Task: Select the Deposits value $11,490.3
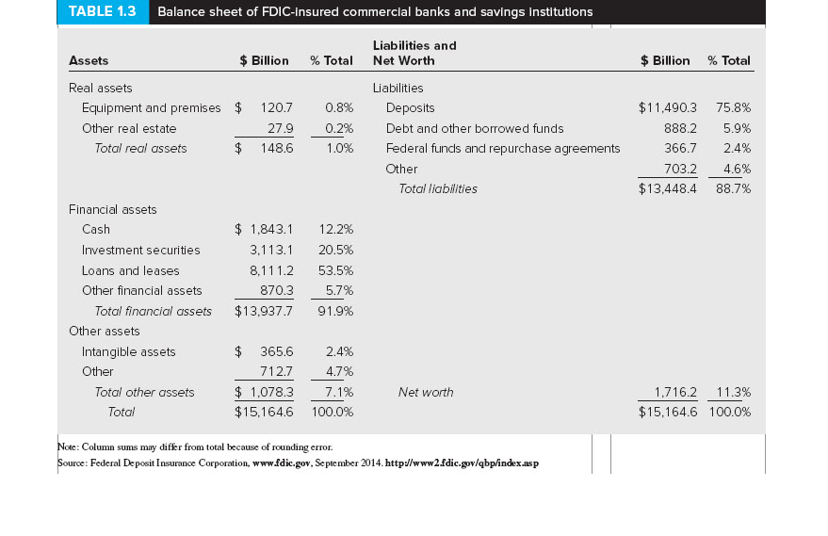point(667,108)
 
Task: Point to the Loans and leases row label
point(130,270)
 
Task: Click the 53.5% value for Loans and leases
point(335,270)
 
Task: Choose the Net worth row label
point(425,393)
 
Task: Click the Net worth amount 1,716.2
point(674,393)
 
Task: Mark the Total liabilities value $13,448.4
point(667,189)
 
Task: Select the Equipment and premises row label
point(151,108)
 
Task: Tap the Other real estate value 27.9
point(281,128)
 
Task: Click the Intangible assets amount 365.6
point(277,352)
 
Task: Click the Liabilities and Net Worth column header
point(414,53)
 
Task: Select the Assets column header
point(89,61)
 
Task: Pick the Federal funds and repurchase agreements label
point(503,149)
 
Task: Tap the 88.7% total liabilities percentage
point(733,189)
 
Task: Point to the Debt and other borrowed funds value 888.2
point(680,128)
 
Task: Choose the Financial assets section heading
point(112,210)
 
